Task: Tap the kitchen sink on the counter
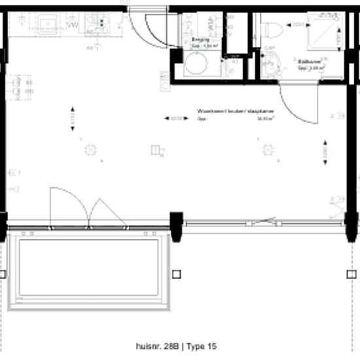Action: [46, 25]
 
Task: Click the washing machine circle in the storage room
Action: [194, 66]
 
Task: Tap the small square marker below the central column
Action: [175, 274]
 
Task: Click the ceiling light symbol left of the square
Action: [88, 149]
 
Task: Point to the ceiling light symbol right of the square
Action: [267, 150]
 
